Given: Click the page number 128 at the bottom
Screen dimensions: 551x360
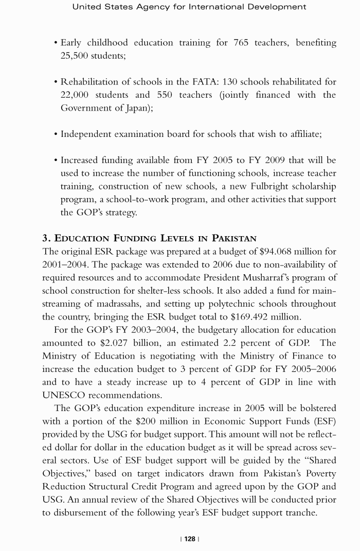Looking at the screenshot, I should point(190,539).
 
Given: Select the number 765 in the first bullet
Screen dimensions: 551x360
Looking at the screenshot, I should point(240,43).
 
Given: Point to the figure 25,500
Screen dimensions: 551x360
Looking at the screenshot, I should point(78,56).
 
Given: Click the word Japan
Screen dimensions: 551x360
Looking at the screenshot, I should point(136,108).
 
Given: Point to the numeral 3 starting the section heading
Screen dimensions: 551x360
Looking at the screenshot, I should point(45,238).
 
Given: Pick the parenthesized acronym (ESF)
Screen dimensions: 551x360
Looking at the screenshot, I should point(324,420).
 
